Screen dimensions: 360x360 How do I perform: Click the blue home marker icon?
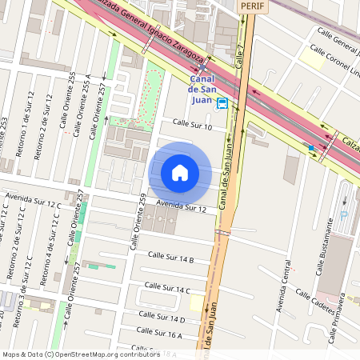tap(180, 172)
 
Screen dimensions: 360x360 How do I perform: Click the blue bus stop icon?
tap(222, 103)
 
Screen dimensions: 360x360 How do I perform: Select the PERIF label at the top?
tap(252, 6)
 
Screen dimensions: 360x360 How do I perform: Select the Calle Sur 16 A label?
tap(159, 332)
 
